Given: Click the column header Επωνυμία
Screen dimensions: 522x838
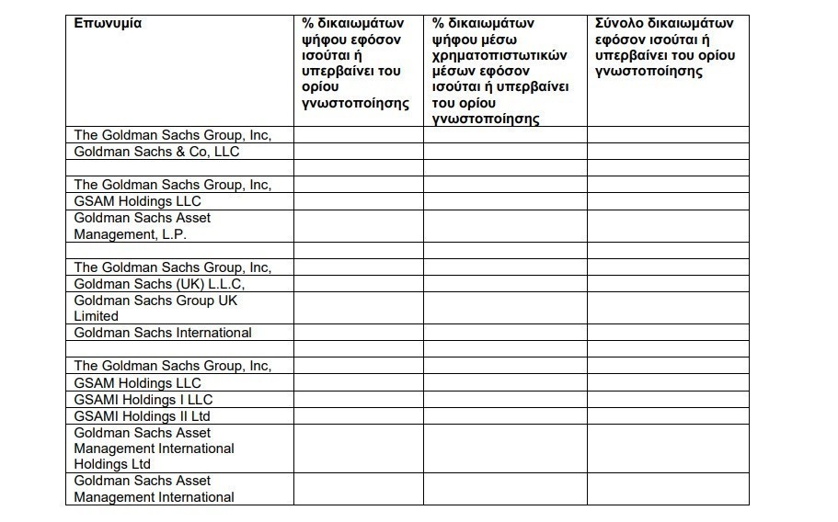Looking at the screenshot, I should pos(108,23).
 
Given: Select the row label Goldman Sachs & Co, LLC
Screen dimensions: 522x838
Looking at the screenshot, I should pos(156,152).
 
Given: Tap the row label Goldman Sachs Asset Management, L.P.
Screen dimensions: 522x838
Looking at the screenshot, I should pos(143,226).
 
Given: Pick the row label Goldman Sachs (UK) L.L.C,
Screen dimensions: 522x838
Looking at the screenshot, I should pos(159,284).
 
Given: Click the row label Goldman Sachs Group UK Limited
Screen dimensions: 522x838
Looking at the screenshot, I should pos(156,308).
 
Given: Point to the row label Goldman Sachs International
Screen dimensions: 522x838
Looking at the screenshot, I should pos(163,333).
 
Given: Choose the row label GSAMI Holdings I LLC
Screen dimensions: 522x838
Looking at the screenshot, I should pos(143,400).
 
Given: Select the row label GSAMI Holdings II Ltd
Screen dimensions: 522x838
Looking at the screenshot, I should pos(143,416).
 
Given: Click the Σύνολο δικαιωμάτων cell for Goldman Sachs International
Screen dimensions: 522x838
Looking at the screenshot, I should pos(668,333).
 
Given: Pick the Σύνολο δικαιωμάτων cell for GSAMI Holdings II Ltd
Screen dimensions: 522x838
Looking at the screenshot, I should pos(668,416).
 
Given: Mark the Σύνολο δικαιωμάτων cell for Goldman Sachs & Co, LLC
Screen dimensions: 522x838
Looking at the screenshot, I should pos(668,152).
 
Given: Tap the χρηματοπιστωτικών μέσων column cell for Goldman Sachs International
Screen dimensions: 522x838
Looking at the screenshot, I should pos(505,333).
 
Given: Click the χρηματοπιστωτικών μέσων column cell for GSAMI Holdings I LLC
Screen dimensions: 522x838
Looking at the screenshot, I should pos(505,400).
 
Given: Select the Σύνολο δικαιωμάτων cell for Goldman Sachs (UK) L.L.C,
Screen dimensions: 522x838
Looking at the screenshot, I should pos(668,284).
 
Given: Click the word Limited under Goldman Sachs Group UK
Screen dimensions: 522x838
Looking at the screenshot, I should pos(96,316).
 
